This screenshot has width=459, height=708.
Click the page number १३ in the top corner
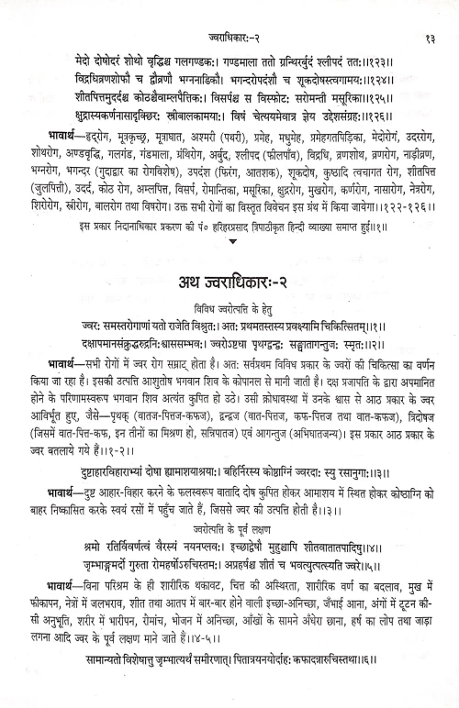430,11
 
